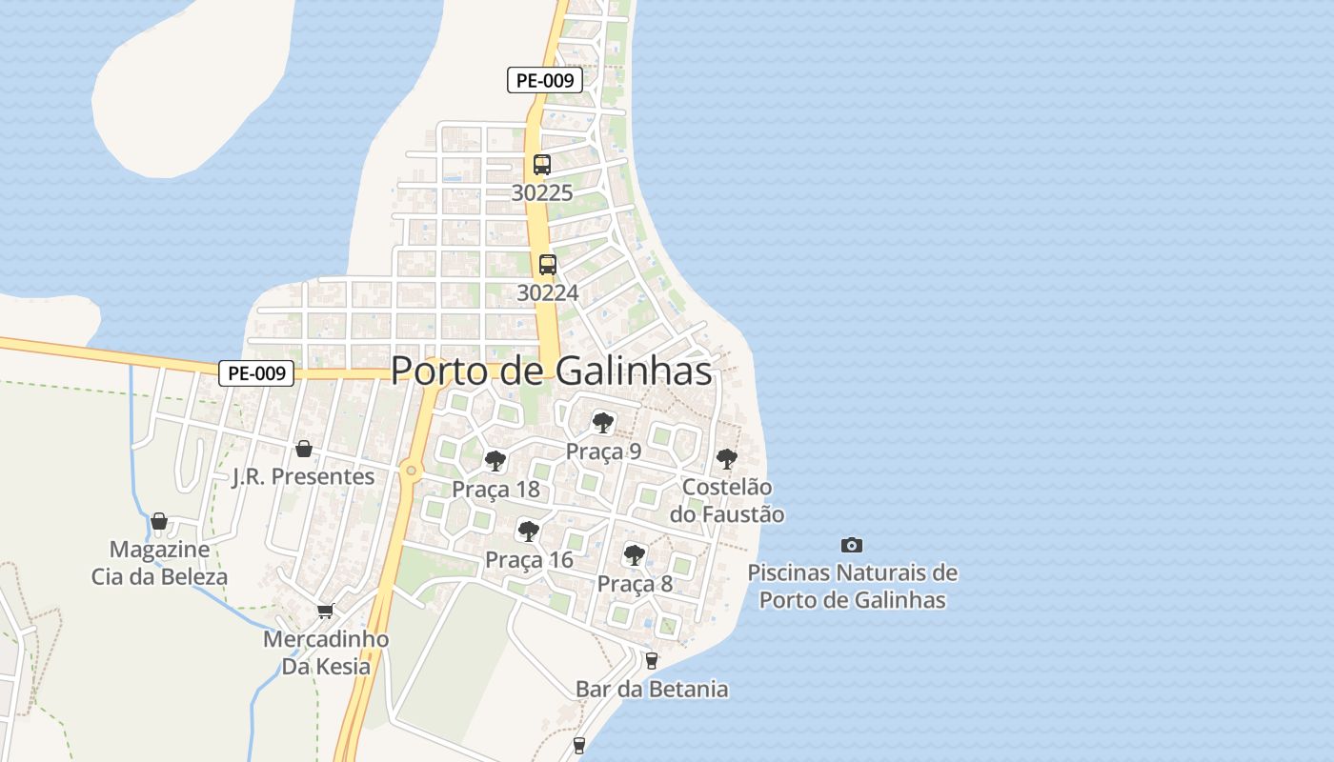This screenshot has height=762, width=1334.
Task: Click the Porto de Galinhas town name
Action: coord(551,371)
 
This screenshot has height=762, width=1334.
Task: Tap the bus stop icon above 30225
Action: coord(542,164)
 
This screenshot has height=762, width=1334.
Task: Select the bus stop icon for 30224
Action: coord(547,265)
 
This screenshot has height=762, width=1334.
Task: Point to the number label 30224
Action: coord(547,292)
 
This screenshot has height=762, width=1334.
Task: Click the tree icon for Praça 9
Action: coord(602,422)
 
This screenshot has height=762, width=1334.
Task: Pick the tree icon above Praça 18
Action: coord(495,461)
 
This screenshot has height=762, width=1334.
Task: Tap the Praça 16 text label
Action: coord(529,560)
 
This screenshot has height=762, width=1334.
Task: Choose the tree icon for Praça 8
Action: coord(634,555)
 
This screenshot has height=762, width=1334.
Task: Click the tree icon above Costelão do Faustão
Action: coord(726,459)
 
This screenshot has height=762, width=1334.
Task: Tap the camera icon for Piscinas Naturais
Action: coord(852,545)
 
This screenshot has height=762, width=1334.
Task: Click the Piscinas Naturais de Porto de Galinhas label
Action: coord(852,587)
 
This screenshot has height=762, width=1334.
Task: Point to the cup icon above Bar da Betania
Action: coord(652,660)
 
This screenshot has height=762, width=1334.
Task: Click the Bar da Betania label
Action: coord(652,689)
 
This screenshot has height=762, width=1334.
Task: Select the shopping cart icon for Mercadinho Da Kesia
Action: coord(326,611)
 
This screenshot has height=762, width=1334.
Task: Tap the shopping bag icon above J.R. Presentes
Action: coord(304,448)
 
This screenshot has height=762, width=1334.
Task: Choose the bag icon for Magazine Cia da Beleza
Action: coord(159,521)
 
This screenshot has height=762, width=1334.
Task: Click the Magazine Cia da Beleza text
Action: coord(159,563)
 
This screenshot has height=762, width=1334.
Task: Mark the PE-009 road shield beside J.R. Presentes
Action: coord(256,373)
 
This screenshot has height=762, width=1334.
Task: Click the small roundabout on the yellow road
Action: coord(411,469)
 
